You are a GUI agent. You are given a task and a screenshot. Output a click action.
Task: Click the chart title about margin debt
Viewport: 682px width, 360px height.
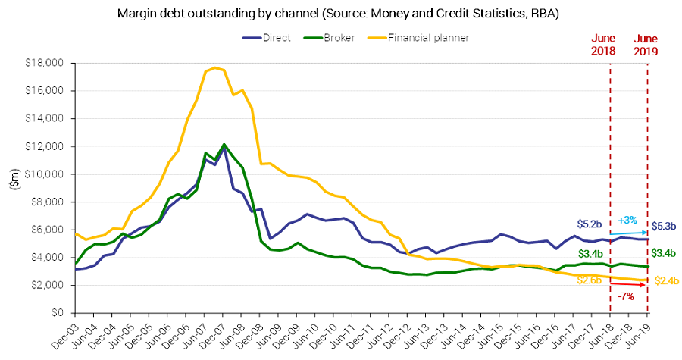[x=341, y=14]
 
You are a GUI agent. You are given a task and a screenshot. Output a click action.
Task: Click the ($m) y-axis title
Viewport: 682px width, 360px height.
[x=13, y=188]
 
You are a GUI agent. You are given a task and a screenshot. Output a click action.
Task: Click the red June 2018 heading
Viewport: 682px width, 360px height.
[x=609, y=45]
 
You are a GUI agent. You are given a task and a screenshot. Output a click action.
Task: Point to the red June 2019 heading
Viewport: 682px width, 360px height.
[x=646, y=45]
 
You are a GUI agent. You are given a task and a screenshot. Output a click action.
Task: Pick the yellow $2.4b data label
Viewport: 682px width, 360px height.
[x=666, y=281]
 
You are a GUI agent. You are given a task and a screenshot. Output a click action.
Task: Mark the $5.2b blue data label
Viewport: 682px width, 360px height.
[x=589, y=224]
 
